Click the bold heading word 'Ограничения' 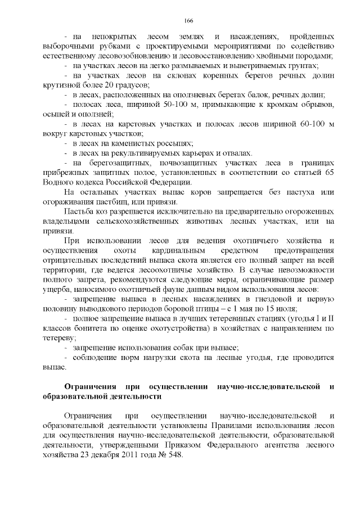(x=90, y=387)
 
